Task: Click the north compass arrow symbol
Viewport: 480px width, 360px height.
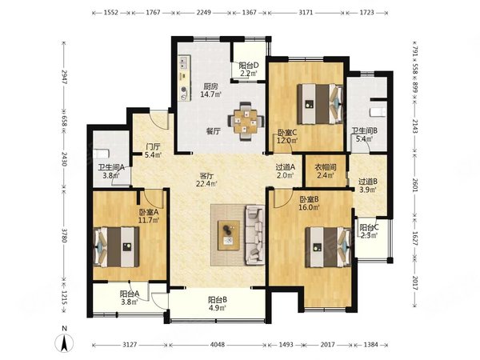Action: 64,343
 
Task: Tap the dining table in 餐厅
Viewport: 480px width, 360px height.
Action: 246,122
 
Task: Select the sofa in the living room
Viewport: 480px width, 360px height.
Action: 254,234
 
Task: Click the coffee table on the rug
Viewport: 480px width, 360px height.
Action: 229,234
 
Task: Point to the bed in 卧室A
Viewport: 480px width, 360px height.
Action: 116,246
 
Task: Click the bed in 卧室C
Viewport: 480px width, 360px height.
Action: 320,104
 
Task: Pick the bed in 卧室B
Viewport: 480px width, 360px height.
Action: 328,246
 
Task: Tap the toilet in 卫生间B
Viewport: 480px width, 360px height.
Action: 378,112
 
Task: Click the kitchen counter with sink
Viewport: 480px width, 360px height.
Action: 184,78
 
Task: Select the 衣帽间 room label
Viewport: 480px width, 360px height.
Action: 326,167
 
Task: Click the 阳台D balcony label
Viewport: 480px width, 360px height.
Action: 249,66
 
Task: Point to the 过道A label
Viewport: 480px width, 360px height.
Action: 285,167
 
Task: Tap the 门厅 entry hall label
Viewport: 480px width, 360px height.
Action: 153,147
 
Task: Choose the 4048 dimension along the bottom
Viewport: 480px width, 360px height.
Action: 218,345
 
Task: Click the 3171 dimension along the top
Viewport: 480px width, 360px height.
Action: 306,13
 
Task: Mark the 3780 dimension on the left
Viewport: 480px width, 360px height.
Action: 64,234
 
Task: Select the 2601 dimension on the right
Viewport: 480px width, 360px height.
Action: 414,185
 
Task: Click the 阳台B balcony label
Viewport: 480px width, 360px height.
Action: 218,300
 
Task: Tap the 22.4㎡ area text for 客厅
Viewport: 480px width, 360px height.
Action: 206,184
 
